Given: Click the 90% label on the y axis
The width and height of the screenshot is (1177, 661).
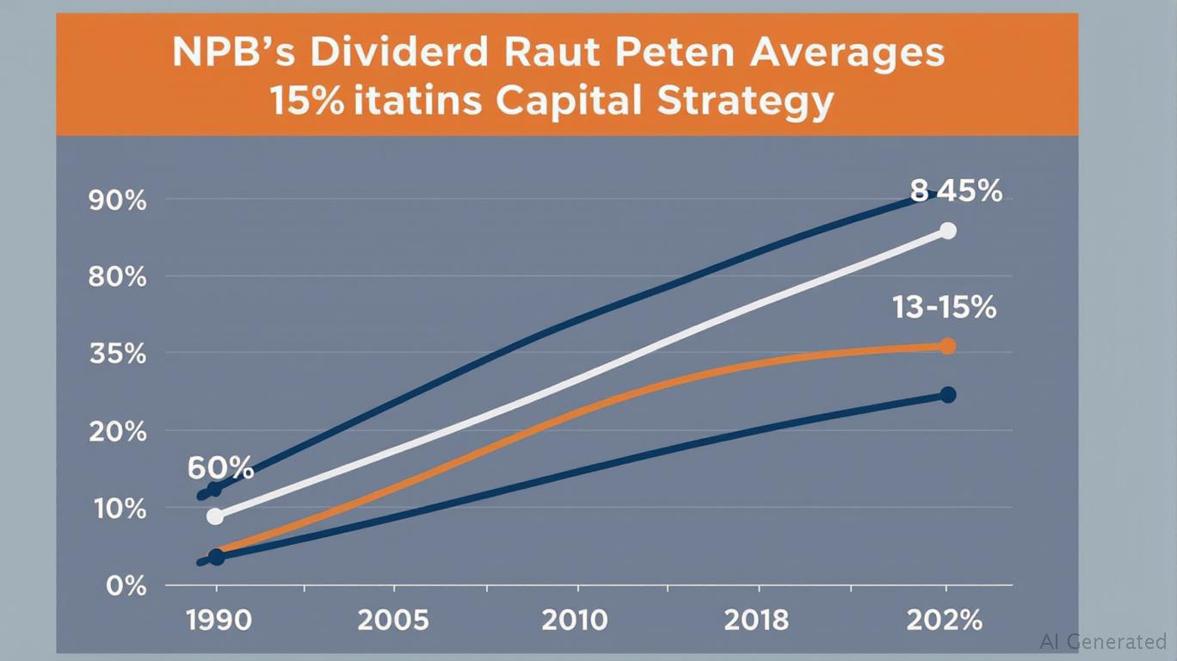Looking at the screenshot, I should [x=117, y=201].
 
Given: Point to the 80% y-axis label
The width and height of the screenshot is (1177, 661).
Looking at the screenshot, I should [x=117, y=277].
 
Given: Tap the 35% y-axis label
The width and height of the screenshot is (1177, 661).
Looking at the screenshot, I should [x=117, y=354].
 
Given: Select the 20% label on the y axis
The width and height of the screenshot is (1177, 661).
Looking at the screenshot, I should [x=117, y=431].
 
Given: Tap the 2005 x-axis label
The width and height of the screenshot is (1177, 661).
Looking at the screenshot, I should [x=393, y=620].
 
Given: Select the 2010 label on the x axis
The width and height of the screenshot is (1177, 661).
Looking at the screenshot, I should [x=576, y=620].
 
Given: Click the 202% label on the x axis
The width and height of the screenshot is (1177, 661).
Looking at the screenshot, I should [x=945, y=620].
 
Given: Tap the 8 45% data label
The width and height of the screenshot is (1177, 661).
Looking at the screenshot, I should [x=956, y=191].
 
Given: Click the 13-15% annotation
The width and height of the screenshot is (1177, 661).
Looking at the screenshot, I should [x=944, y=307].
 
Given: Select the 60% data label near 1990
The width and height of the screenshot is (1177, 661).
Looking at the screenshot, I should [x=220, y=469].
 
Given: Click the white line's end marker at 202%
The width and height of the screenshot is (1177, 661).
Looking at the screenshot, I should [x=947, y=231].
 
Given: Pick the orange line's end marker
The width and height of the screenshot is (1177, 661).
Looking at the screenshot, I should [x=947, y=346].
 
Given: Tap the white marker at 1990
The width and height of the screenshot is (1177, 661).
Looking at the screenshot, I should [x=215, y=516].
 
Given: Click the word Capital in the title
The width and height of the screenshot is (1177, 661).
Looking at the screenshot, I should [x=568, y=101].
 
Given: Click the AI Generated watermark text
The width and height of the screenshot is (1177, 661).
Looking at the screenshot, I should [x=1102, y=641].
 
